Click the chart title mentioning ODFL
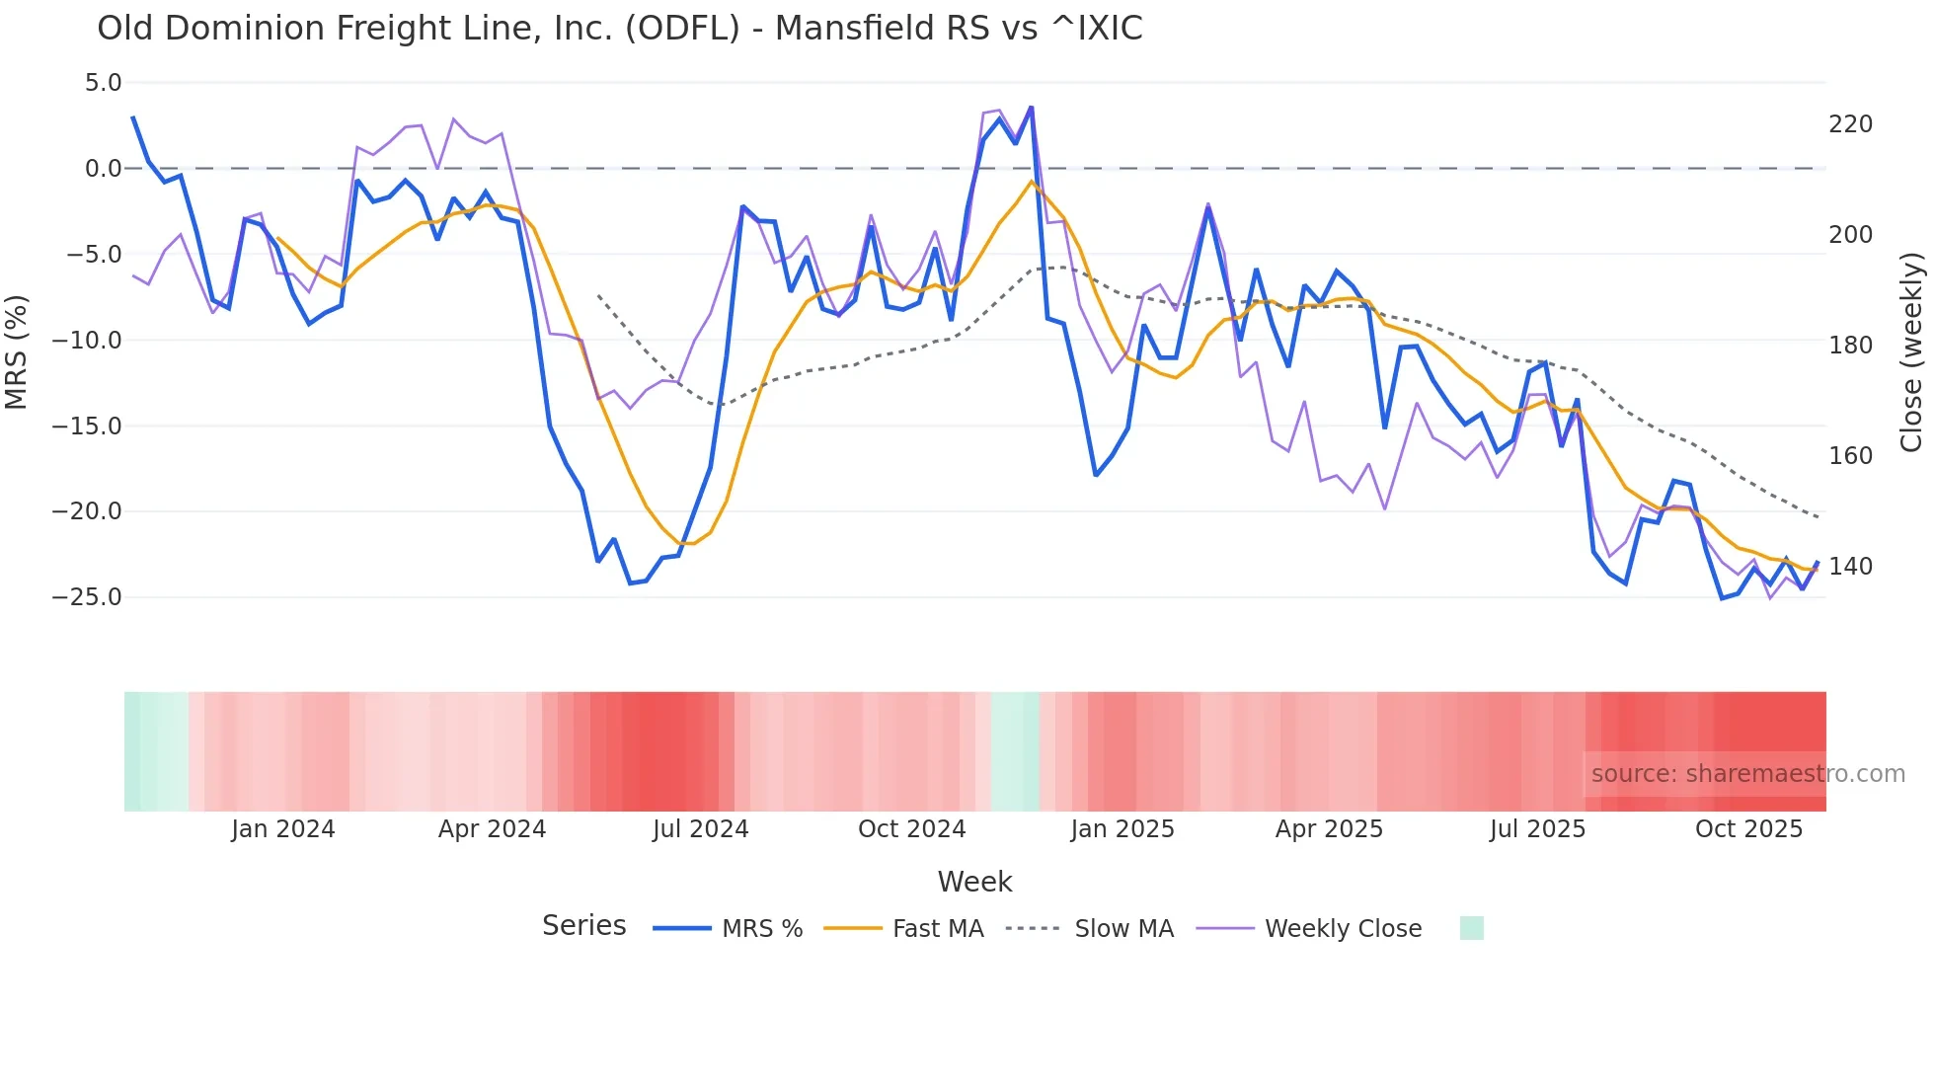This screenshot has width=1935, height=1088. pos(619,29)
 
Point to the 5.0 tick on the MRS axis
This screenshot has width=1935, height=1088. pos(103,83)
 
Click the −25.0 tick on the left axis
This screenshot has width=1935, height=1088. pos(87,597)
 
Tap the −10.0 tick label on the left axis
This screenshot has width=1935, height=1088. pos(87,341)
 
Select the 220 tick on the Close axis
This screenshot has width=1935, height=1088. pos(1850,124)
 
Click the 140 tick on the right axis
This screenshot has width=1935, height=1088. pos(1850,567)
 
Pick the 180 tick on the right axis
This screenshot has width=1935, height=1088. pos(1850,346)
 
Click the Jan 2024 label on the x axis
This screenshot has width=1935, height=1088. pos(283,829)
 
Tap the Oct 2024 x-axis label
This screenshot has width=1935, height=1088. pos(911,829)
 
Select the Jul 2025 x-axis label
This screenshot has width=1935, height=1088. pos(1537,829)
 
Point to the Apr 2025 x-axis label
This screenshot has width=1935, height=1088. pos(1329,829)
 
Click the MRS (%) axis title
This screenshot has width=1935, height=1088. pos(17,351)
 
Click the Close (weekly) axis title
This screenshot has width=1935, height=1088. pos(1911,352)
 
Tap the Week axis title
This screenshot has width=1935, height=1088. pos(974,882)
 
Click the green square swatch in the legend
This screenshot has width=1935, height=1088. pos(1471,928)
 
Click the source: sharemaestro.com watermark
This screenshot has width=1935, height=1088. pos(1747,774)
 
